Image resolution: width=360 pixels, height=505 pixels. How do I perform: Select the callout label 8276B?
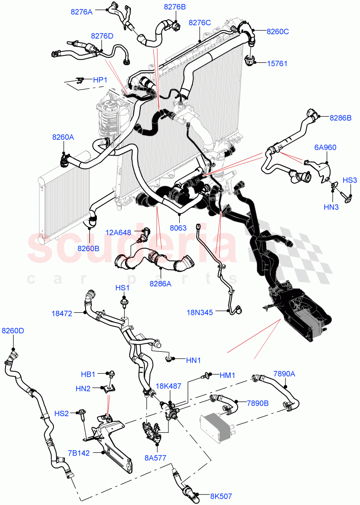point(175,7)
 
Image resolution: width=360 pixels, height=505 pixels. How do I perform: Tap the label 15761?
point(277,64)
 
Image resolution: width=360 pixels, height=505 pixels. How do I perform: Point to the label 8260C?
point(277,31)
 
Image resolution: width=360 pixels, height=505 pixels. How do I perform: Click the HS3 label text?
point(349,181)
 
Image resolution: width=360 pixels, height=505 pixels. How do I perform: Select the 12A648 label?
point(118,232)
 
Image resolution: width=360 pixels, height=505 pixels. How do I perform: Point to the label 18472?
point(62,313)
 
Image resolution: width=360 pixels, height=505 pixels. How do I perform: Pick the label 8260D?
point(13,331)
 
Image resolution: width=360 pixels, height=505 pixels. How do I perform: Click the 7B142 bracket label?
point(79,453)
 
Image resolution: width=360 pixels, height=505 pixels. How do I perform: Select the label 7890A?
point(285,373)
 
